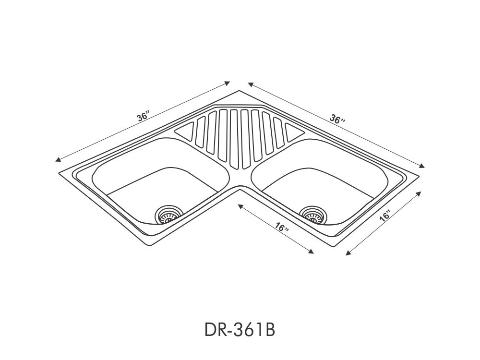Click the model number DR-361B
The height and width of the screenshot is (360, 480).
[x=240, y=330]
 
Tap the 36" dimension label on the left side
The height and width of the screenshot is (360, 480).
[x=143, y=117]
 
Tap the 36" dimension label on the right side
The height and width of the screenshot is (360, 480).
[x=337, y=119]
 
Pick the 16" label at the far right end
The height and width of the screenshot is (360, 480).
[x=385, y=216]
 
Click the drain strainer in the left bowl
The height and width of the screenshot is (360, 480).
[x=168, y=214]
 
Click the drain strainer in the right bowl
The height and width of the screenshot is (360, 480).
[x=313, y=215]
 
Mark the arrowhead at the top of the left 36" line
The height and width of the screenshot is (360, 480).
[x=228, y=83]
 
